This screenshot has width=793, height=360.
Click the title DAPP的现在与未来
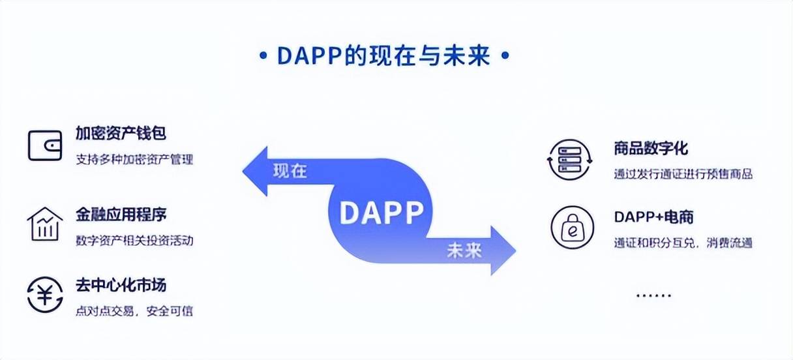pyautogui.click(x=383, y=56)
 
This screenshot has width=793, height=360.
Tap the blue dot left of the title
pyautogui.click(x=263, y=56)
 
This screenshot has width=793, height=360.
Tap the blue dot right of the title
pyautogui.click(x=503, y=56)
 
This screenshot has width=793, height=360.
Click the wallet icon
pyautogui.click(x=45, y=145)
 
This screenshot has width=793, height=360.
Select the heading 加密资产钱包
pyautogui.click(x=121, y=133)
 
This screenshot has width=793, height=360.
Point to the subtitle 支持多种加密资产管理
pyautogui.click(x=134, y=159)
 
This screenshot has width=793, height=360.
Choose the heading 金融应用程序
pyautogui.click(x=121, y=215)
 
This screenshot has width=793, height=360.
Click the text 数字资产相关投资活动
pyautogui.click(x=134, y=240)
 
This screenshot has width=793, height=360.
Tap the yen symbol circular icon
pyautogui.click(x=45, y=295)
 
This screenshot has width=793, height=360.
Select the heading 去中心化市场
pyautogui.click(x=121, y=286)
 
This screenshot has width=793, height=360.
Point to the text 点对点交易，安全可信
pyautogui.click(x=134, y=311)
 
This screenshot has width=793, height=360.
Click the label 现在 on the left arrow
pyautogui.click(x=290, y=172)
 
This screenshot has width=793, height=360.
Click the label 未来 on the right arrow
pyautogui.click(x=464, y=250)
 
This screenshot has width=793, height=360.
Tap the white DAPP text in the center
pyautogui.click(x=382, y=212)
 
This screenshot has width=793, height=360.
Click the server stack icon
pyautogui.click(x=568, y=158)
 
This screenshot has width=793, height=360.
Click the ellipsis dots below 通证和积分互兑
pyautogui.click(x=653, y=295)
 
